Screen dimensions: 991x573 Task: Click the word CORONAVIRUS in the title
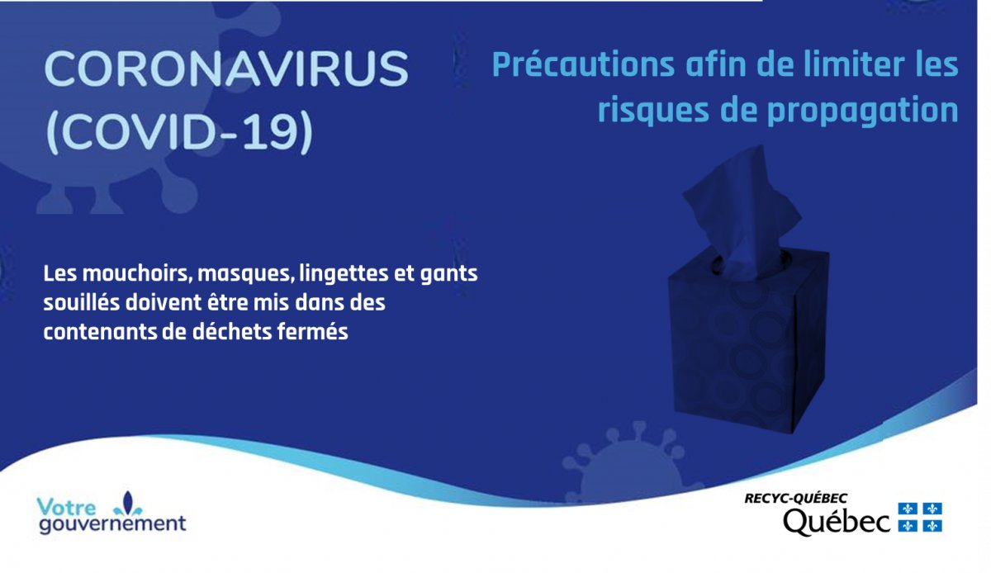[226, 69]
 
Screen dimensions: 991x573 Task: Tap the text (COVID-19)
[179, 131]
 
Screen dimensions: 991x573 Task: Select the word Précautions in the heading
[584, 64]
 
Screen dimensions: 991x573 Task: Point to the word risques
[653, 111]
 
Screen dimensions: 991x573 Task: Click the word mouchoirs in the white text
[137, 273]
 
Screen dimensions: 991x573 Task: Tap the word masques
[246, 274]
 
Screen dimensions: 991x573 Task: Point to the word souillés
[82, 303]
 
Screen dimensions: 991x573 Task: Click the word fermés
[312, 332]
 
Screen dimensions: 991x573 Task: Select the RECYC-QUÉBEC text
[795, 498]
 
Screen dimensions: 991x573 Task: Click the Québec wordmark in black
[836, 522]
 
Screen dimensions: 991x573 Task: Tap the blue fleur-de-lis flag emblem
[920, 517]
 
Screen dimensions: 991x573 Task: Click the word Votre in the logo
[66, 507]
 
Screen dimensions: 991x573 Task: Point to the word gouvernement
[112, 524]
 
